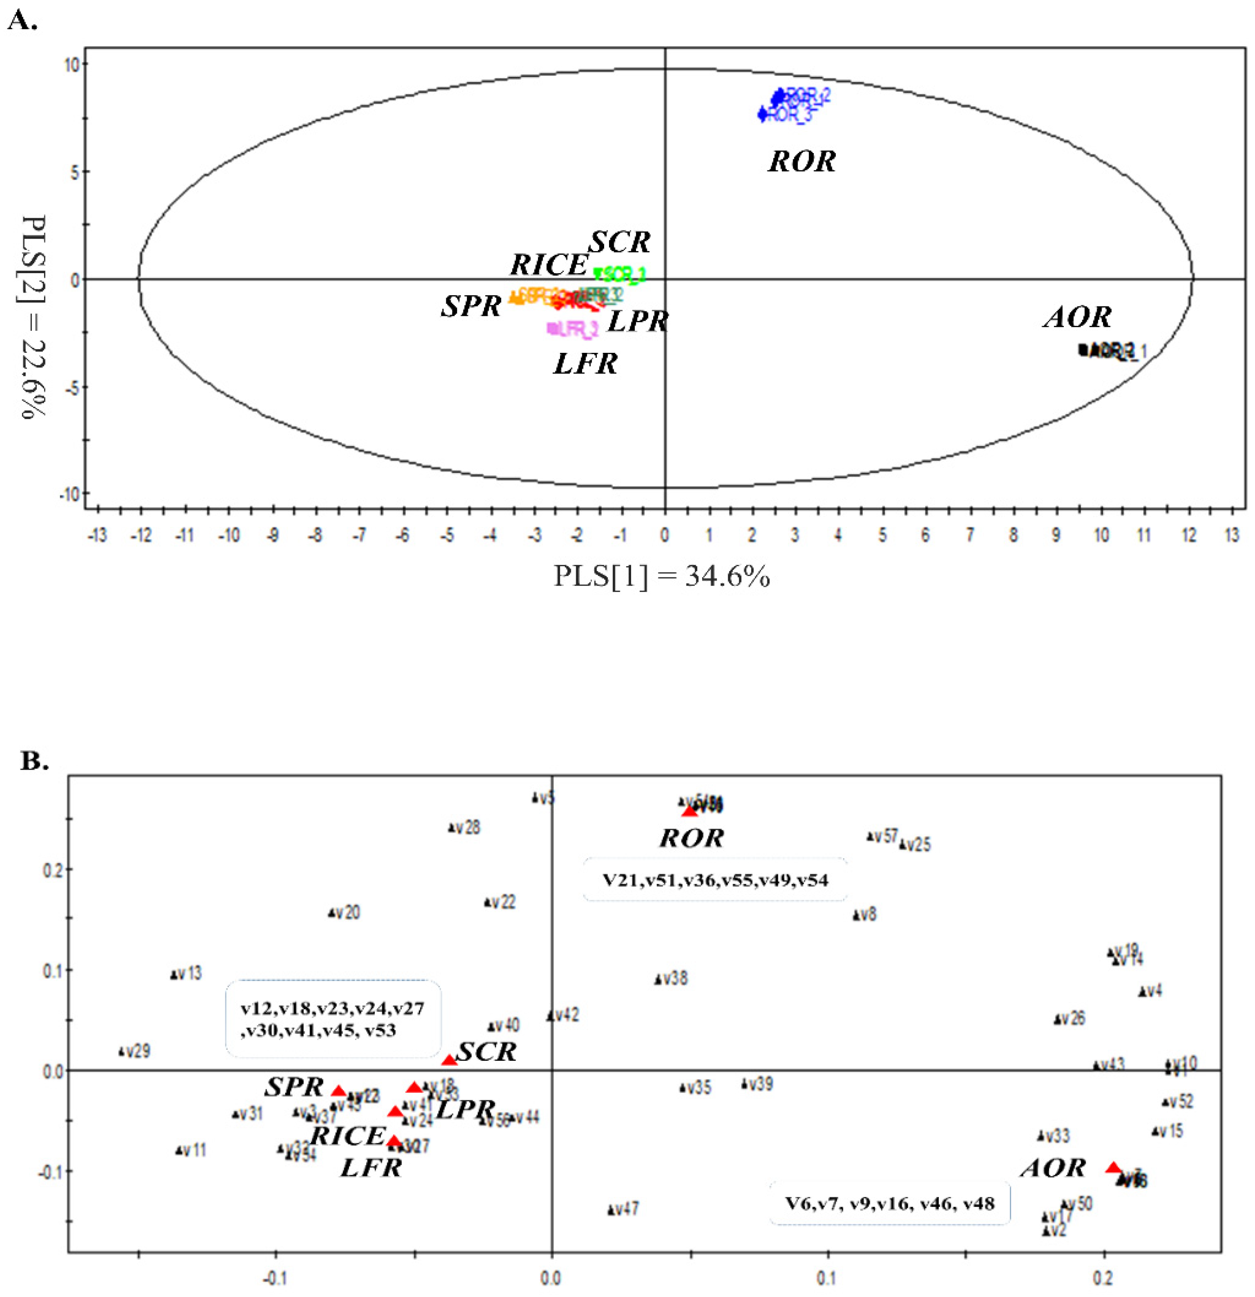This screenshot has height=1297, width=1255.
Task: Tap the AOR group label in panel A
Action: [x=1077, y=318]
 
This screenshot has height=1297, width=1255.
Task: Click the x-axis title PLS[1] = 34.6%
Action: [x=662, y=576]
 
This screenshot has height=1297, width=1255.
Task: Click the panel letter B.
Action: [x=34, y=761]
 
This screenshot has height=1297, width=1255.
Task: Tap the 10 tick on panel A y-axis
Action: [x=71, y=65]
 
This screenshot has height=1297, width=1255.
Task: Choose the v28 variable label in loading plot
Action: [x=468, y=828]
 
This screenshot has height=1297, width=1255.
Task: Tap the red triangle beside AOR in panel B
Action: [x=1113, y=1168]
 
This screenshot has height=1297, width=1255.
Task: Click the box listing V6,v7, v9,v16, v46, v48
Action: [x=889, y=1203]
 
